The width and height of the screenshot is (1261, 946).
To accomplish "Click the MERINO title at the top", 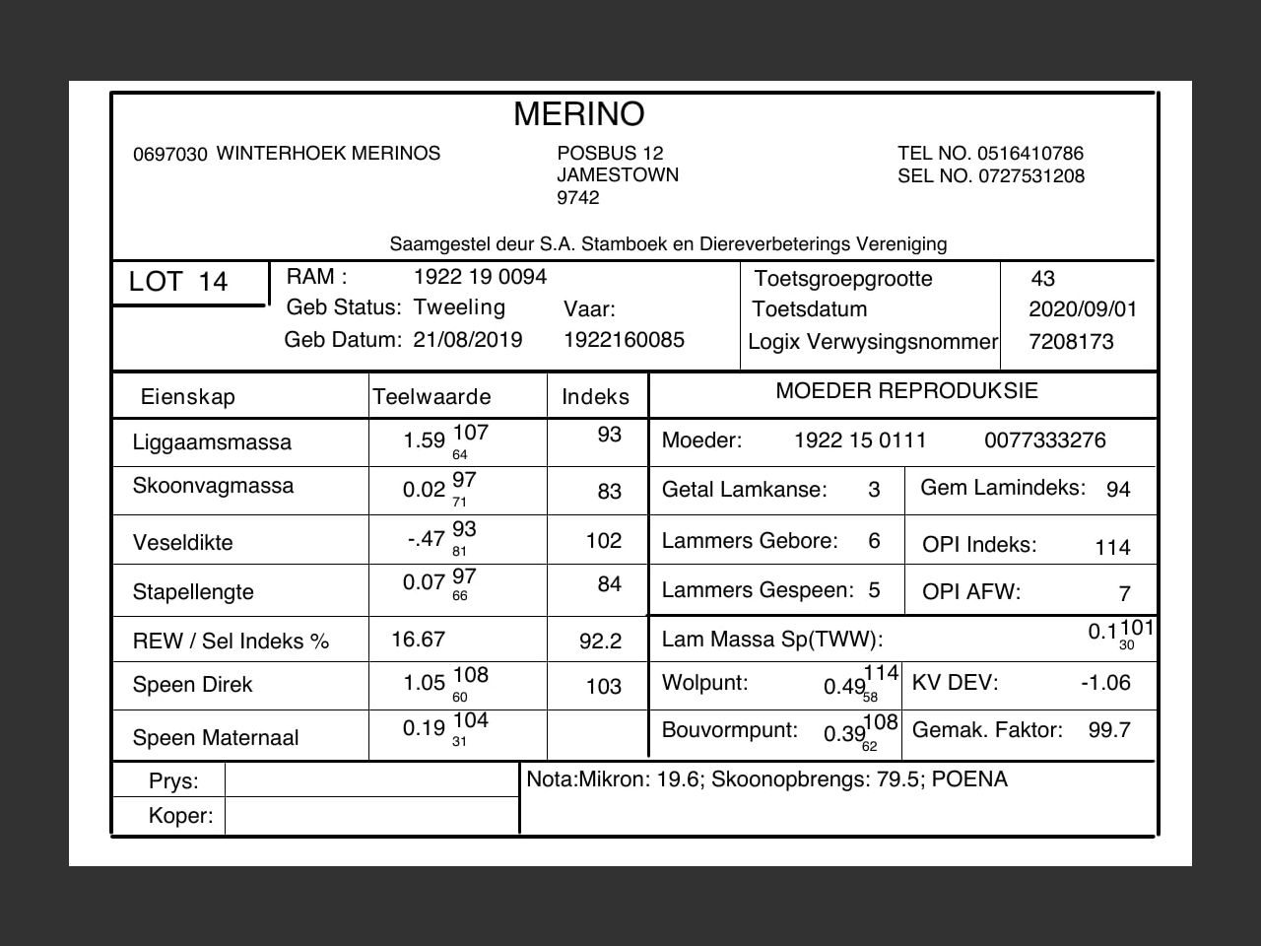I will point(578,114).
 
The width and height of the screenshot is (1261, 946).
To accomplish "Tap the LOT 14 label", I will point(178,282).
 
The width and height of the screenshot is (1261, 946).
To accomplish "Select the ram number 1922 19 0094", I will point(480,277).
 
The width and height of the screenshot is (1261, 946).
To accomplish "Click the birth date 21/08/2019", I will point(468,340).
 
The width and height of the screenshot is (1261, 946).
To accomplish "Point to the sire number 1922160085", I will point(624,340).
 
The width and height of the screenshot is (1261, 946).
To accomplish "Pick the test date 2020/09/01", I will point(1083,309).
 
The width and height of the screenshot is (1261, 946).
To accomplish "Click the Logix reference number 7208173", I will point(1071,342).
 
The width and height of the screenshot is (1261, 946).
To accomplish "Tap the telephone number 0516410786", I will point(1030,154).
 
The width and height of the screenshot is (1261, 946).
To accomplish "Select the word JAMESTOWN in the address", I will point(618,175).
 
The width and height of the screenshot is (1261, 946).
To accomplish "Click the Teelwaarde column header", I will point(431,397).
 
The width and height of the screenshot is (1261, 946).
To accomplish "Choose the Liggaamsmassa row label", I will point(212,442).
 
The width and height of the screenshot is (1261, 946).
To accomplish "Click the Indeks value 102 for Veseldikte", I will point(604,541).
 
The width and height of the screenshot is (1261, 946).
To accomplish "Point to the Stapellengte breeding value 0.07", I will point(424,582).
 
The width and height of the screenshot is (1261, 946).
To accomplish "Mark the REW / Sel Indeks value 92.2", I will point(600,642).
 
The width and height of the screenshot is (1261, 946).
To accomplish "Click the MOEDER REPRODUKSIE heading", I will point(906,391).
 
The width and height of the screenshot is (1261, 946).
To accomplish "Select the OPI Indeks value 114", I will point(1112,548).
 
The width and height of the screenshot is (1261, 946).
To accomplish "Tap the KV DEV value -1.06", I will point(1105,683).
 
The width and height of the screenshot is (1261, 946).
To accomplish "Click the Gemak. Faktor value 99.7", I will point(1109,730).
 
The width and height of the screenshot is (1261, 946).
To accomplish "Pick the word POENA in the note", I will point(969,779).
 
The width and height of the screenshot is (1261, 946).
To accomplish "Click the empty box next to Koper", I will point(371,816).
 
